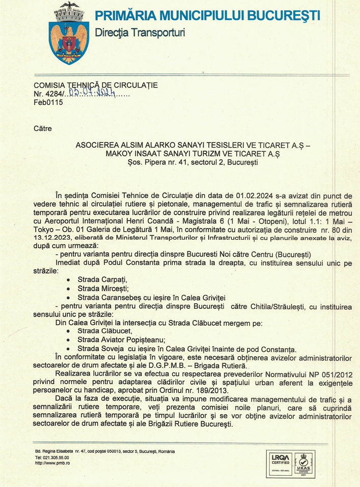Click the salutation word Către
click(43, 129)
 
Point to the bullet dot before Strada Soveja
click(68, 349)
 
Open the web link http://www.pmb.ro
click(52, 463)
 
